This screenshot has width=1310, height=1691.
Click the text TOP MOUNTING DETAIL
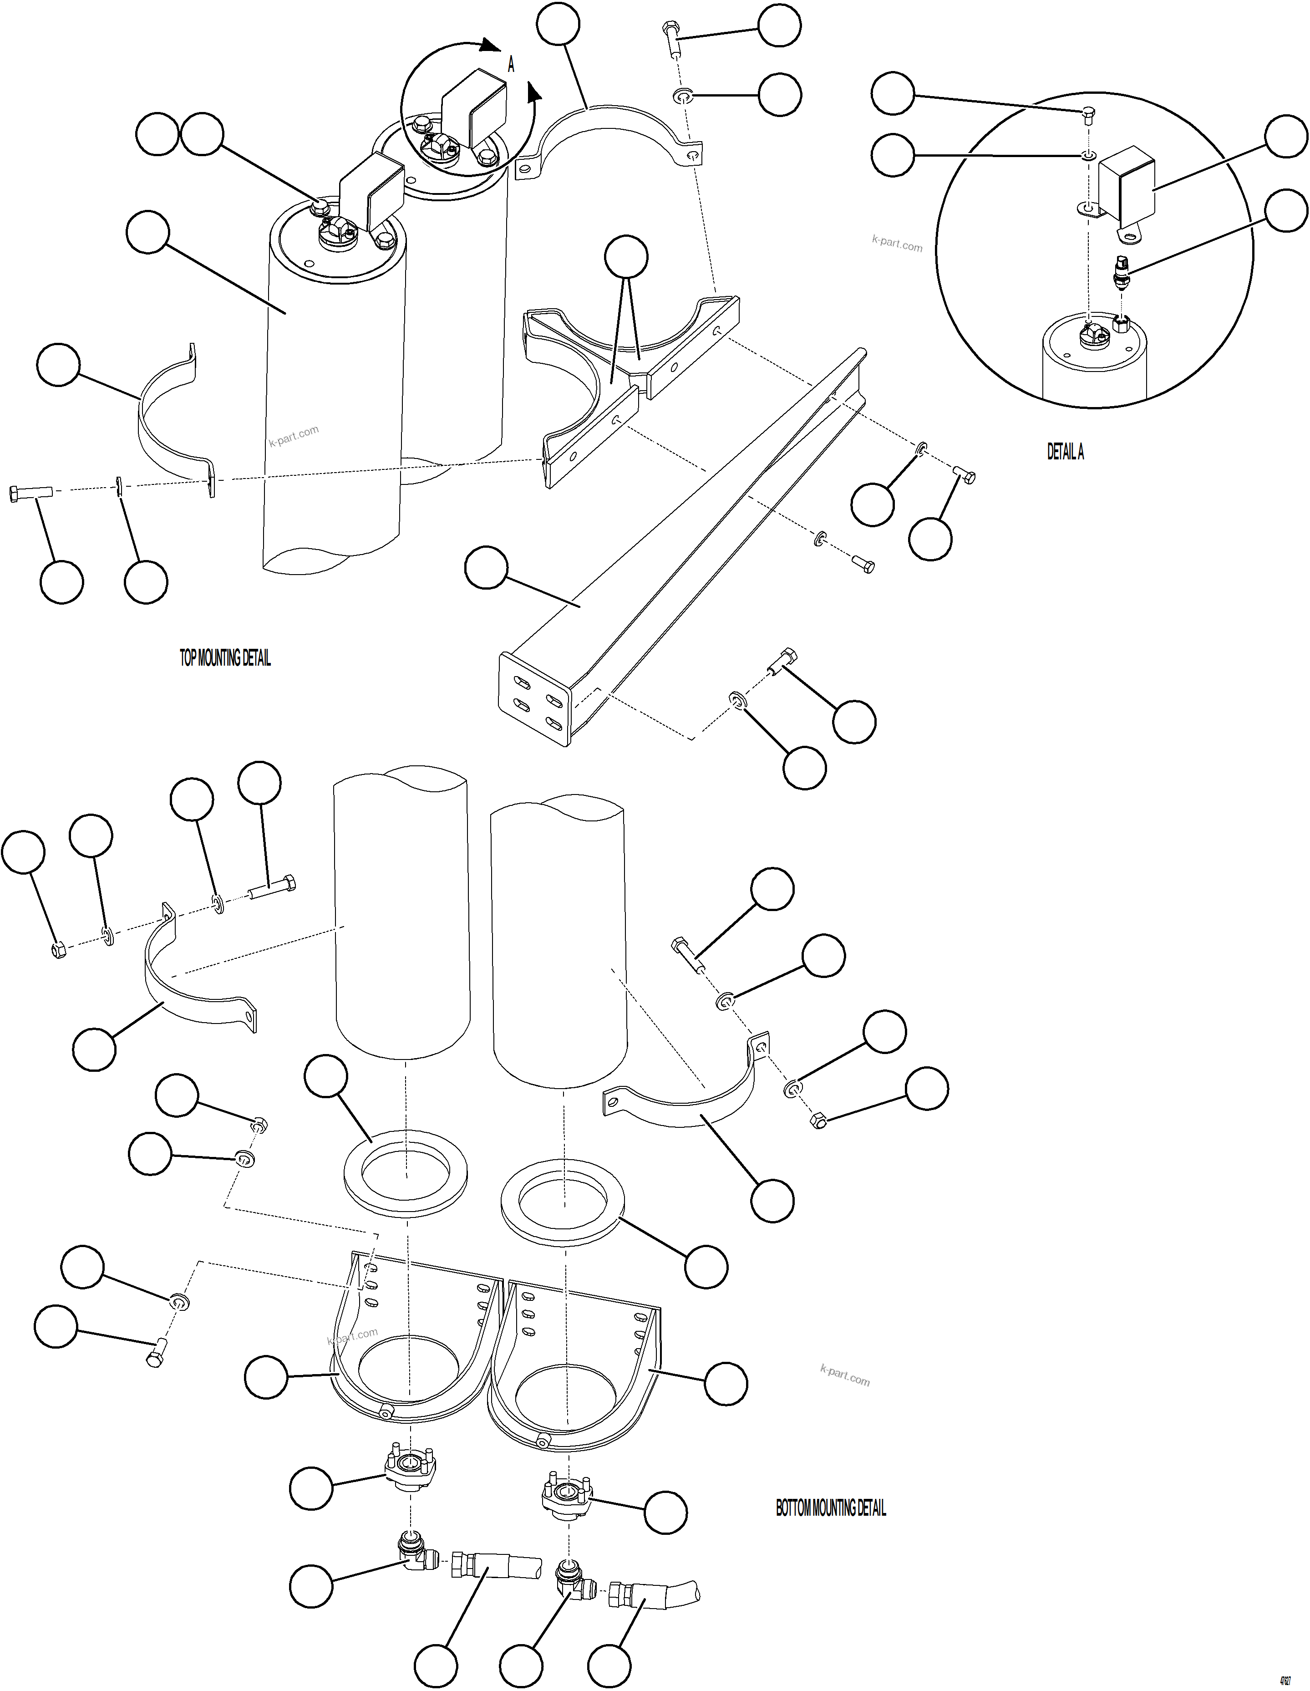(x=225, y=658)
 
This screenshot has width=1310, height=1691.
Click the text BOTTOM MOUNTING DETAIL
(x=831, y=1508)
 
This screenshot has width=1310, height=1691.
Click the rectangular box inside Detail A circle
(x=1127, y=186)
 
